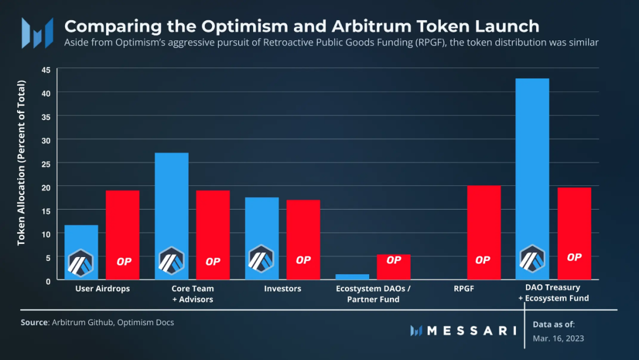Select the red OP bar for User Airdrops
point(122,225)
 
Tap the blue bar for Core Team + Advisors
point(172,201)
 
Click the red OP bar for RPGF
point(483,225)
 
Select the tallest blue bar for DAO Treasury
point(532,166)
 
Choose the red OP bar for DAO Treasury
point(574,225)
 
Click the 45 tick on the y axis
point(46,70)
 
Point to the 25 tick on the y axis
point(46,163)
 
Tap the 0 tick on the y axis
point(48,281)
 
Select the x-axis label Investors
point(282,289)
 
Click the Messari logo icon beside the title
point(37,33)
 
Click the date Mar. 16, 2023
point(558,338)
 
